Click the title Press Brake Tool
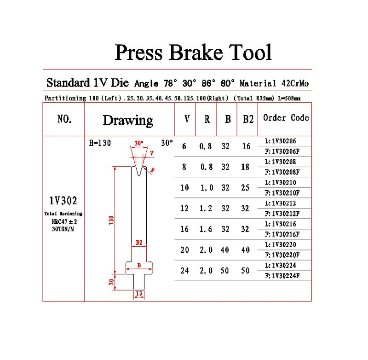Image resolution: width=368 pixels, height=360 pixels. coord(193,52)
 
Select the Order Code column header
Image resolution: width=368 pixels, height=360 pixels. coord(286,118)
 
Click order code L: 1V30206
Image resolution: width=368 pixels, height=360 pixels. coord(282,141)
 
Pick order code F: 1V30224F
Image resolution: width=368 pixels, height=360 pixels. coord(282,276)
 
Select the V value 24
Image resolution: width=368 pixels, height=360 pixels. coord(184,271)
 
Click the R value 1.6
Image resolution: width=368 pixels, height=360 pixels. coord(206,229)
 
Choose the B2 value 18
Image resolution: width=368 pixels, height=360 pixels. coord(246,167)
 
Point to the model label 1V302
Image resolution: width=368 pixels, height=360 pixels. coord(63,201)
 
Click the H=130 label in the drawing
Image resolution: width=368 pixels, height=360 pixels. coord(100,143)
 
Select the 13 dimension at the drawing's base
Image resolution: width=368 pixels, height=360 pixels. coord(138,293)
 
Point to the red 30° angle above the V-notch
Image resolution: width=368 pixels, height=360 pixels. coord(139,143)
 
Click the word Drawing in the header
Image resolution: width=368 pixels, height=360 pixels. coord(128,120)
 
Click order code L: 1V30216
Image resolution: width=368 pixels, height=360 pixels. coord(282,224)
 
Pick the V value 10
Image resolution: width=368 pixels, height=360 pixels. coord(184,188)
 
